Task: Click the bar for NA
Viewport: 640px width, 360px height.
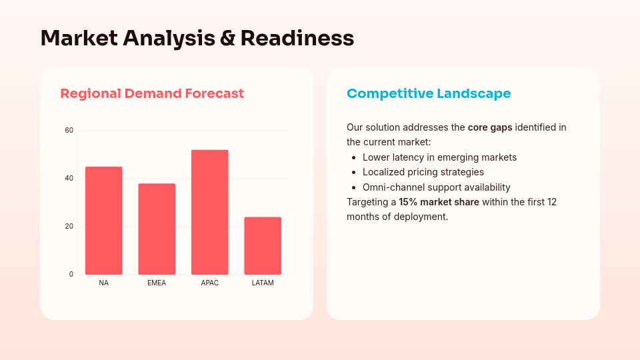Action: coord(103,221)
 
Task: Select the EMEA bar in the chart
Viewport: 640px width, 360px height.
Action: coord(157,229)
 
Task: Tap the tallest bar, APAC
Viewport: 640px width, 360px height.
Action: coord(209,212)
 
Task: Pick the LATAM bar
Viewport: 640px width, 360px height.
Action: coord(263,245)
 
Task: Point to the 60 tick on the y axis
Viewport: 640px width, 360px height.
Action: coord(69,130)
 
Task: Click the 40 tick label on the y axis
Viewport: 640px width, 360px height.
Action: coord(69,178)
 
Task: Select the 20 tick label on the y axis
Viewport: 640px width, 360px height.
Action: coord(69,226)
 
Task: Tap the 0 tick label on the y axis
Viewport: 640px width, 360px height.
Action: coord(71,274)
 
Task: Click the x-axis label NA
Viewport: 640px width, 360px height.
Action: coord(103,283)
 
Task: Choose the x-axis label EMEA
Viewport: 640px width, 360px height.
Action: coord(157,283)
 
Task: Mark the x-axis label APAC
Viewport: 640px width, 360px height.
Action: coord(209,283)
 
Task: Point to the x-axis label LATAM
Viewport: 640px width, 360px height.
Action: coord(263,283)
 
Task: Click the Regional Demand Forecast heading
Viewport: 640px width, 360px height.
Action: coord(152,93)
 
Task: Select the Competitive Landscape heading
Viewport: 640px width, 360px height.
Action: coord(429,93)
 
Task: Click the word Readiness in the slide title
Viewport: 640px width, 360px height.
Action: coord(297,38)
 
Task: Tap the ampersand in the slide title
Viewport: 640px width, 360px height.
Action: coord(227,38)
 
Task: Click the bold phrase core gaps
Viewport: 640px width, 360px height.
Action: coord(490,127)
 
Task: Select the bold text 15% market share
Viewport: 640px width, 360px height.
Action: coord(439,202)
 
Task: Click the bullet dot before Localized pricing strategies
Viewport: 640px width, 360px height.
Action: coord(353,173)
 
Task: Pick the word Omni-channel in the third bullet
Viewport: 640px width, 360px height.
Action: coord(390,187)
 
